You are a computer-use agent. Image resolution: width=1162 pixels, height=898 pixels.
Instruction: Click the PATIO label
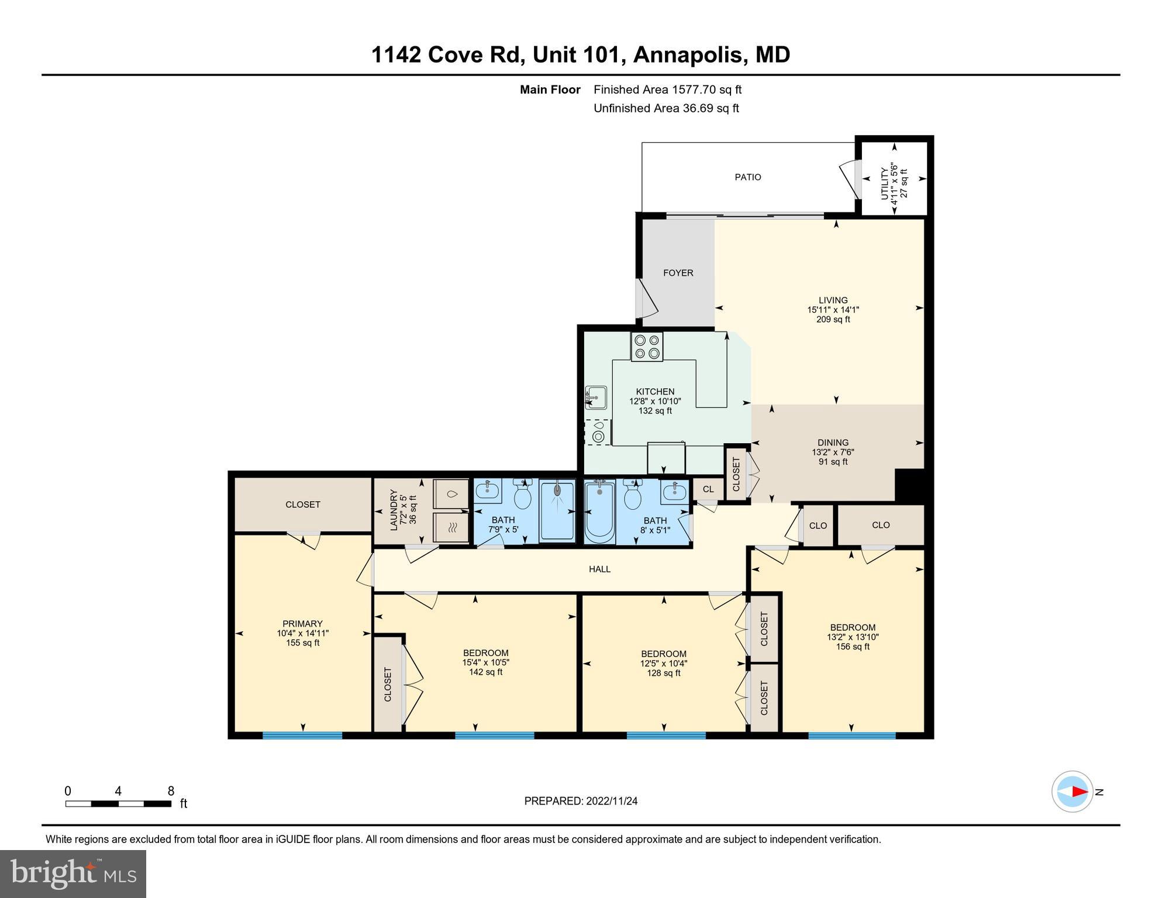747,177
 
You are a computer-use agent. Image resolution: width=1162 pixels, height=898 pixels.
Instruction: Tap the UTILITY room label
884,182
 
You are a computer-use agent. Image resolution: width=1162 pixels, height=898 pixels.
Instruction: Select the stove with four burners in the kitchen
647,347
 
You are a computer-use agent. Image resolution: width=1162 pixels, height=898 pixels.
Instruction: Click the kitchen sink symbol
596,397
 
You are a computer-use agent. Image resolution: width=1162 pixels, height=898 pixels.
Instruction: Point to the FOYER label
678,273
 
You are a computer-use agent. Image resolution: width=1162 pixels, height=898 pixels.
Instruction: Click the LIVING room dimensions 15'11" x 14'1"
833,310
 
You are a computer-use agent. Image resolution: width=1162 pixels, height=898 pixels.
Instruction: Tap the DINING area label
833,443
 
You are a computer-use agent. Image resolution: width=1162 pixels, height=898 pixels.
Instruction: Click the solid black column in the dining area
909,485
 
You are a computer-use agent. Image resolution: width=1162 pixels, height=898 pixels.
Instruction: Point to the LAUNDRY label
394,510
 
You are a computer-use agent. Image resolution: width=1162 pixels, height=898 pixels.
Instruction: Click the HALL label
599,569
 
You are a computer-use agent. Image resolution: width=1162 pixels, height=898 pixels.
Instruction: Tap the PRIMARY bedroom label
302,624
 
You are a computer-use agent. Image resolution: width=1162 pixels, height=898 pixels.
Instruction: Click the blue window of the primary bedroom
302,735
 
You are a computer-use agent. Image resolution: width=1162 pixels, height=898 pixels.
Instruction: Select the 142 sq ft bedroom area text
485,672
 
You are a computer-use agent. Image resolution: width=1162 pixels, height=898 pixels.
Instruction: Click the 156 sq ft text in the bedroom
853,647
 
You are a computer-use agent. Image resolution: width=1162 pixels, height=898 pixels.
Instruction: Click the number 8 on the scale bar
171,791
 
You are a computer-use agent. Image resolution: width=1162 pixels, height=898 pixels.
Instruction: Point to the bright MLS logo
73,873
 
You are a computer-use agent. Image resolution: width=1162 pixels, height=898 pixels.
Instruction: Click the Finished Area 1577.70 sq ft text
667,89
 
